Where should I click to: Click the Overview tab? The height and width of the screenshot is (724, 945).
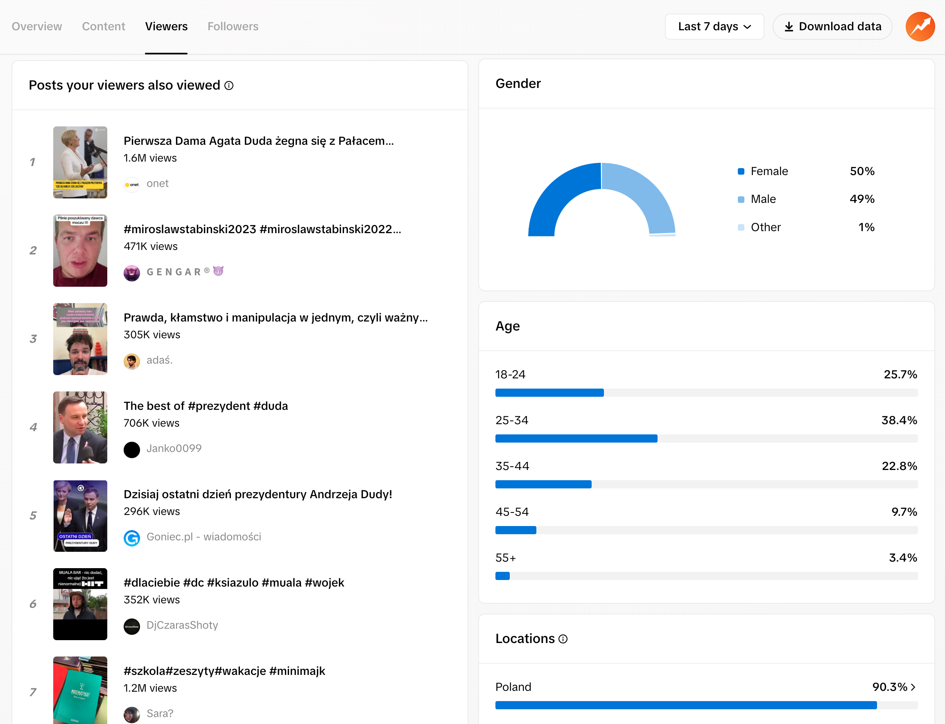[37, 26]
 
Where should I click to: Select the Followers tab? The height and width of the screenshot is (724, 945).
[233, 26]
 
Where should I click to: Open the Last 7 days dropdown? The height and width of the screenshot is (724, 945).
[714, 26]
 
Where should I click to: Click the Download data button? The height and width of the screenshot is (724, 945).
[832, 26]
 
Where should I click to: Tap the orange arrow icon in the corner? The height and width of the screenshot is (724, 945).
[920, 26]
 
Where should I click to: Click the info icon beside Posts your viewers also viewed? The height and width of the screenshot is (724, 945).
[229, 85]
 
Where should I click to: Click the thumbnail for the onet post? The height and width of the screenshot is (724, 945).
[80, 162]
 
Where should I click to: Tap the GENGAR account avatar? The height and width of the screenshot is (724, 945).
[131, 273]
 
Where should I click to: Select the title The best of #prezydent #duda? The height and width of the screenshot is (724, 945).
[206, 405]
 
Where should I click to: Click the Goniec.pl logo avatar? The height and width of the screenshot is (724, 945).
[131, 538]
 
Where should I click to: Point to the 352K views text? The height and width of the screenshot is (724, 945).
[152, 600]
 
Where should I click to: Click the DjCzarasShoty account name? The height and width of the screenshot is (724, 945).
[182, 625]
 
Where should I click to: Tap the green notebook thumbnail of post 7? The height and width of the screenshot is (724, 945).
[80, 690]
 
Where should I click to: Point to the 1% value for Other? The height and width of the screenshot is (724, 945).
[866, 227]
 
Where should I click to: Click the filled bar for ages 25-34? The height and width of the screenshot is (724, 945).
[576, 438]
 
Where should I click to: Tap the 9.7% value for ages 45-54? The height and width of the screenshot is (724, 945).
[904, 512]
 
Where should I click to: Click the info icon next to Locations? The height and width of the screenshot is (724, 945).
[563, 639]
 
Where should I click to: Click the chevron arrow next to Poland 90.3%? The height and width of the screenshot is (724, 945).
[913, 687]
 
